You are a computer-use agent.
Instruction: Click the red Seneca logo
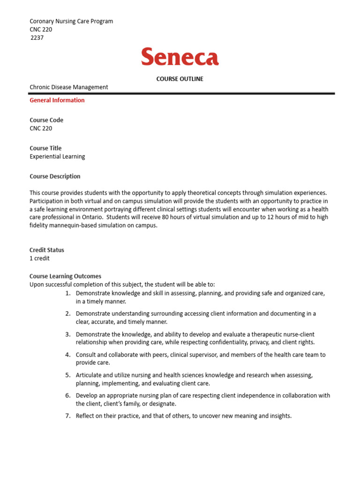(180, 57)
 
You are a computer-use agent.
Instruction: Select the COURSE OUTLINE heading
(180, 79)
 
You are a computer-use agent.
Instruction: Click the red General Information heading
(57, 100)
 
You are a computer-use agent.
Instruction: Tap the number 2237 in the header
(37, 37)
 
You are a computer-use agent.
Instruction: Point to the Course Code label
(46, 120)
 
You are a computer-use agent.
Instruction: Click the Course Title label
(45, 148)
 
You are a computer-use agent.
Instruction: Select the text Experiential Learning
(57, 157)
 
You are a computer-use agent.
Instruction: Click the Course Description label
(55, 176)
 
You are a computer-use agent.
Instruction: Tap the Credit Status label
(47, 250)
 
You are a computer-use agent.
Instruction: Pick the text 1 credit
(39, 258)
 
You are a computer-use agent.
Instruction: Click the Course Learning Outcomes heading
(65, 276)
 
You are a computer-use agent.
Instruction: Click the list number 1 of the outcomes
(67, 293)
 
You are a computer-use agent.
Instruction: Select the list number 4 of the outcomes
(67, 355)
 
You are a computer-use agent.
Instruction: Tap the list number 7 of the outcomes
(67, 416)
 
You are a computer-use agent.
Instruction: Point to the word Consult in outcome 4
(87, 355)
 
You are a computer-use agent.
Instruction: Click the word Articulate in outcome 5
(90, 375)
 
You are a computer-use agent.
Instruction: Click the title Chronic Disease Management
(69, 87)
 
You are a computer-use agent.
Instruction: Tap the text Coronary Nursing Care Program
(71, 21)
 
